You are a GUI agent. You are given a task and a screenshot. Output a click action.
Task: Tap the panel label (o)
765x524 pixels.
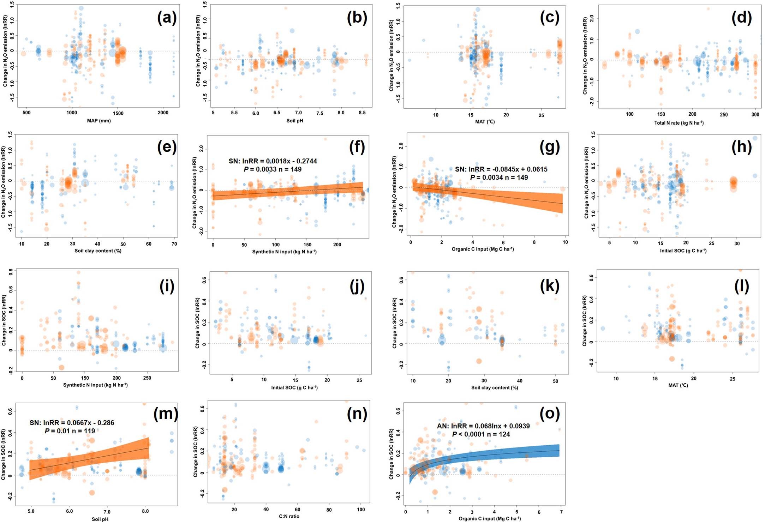(x=550, y=413)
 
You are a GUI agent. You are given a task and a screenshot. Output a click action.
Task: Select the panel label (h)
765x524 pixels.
(x=741, y=147)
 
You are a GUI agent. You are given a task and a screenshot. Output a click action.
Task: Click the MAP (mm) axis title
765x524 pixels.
(x=99, y=121)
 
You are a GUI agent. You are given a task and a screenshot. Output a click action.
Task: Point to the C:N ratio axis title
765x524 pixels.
(x=289, y=516)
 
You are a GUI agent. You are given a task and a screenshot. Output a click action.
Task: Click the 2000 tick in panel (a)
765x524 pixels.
(x=163, y=113)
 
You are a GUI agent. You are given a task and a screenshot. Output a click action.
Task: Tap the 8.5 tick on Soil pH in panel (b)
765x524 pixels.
(x=362, y=113)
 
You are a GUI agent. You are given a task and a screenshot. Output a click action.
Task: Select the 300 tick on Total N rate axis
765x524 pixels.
(x=755, y=114)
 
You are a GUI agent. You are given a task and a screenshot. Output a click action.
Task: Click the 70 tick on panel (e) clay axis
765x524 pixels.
(x=174, y=244)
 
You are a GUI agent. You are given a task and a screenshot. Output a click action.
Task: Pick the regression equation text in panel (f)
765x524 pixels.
(x=273, y=161)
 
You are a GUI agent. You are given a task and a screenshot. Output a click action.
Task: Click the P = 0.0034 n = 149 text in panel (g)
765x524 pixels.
(x=499, y=177)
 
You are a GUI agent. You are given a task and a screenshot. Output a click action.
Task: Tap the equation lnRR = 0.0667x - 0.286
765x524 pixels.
(x=72, y=423)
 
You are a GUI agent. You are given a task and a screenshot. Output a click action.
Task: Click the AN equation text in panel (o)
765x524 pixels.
(x=483, y=426)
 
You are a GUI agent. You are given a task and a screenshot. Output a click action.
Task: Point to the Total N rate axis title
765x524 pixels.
(x=679, y=123)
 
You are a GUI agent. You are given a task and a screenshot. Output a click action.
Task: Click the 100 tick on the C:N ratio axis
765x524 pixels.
(x=360, y=510)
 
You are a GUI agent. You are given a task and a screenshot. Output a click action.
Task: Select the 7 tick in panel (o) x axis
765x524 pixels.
(x=561, y=512)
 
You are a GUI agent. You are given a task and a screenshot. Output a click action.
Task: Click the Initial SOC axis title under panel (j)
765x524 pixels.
(x=294, y=387)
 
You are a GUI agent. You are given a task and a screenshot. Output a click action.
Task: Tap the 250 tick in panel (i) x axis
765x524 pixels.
(x=147, y=378)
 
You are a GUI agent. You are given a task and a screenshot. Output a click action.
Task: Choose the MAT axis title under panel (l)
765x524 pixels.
(x=678, y=385)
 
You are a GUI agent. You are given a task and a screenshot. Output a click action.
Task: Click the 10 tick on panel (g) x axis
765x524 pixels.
(x=565, y=242)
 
